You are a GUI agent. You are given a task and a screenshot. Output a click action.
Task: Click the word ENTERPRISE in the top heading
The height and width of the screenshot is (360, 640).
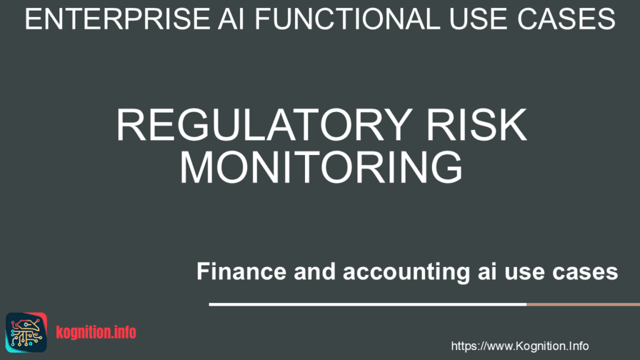117,19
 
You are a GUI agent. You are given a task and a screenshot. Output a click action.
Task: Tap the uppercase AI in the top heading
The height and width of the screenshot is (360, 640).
231,19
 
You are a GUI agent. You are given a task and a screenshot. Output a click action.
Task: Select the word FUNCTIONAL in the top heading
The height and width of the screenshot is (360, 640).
347,19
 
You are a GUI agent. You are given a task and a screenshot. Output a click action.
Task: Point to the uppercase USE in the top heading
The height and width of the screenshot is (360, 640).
478,19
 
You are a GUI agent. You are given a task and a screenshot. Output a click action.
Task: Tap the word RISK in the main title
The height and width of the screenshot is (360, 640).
476,125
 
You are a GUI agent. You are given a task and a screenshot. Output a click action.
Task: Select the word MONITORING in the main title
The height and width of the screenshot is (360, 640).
321,167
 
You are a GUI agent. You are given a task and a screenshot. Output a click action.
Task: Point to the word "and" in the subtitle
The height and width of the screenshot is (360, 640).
315,271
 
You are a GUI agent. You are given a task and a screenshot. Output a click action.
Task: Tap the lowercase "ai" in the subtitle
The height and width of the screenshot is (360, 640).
487,271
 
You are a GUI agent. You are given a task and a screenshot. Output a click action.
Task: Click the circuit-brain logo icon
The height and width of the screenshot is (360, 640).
26,332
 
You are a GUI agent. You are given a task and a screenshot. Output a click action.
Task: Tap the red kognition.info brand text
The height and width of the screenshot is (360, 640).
96,332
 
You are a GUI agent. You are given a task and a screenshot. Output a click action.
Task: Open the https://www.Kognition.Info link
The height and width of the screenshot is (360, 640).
520,346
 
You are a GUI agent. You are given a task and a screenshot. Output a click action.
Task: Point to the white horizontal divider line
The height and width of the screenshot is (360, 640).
367,304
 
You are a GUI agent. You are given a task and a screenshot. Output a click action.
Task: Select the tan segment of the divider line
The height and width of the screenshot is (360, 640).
583,304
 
